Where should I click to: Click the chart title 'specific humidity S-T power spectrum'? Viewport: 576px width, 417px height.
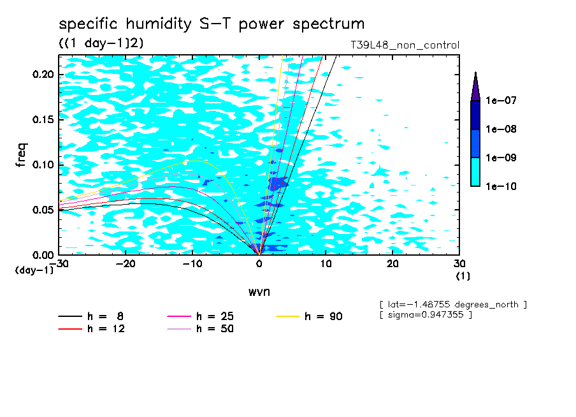(x=212, y=24)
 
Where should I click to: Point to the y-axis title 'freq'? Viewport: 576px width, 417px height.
(x=22, y=156)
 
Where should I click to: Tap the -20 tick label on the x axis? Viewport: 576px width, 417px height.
(x=126, y=264)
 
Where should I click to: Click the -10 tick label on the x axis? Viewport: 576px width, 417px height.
(x=192, y=264)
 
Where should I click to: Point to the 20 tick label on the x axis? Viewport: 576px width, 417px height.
(x=392, y=264)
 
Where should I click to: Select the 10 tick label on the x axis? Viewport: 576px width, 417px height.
(x=326, y=264)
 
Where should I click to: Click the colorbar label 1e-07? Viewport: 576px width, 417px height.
(x=501, y=101)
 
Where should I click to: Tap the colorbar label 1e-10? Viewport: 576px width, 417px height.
(x=501, y=187)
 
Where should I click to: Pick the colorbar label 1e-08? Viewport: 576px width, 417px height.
(x=501, y=129)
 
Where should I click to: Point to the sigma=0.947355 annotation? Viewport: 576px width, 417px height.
(x=426, y=316)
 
